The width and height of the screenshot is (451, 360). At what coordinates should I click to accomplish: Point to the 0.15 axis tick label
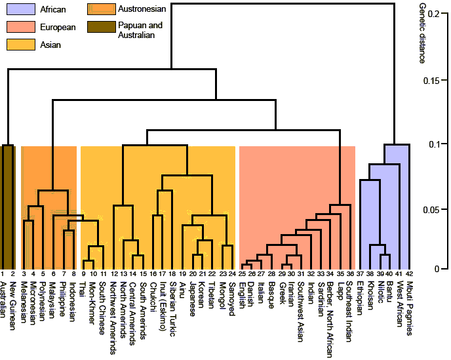click(x=432, y=81)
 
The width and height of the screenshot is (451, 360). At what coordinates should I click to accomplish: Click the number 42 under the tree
click(x=408, y=273)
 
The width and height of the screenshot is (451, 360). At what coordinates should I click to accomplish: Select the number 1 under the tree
click(x=3, y=273)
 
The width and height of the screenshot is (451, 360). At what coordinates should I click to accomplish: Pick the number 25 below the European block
click(x=242, y=273)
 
